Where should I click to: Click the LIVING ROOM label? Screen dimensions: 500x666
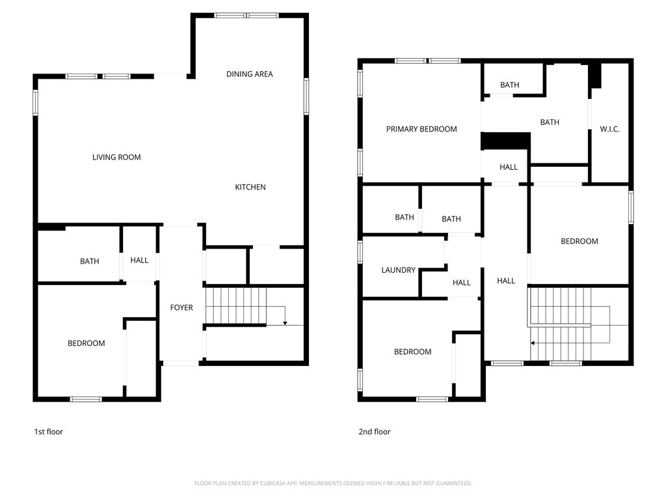pos(116,158)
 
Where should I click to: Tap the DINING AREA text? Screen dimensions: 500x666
pos(250,74)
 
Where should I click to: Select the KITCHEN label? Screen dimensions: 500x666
pos(250,187)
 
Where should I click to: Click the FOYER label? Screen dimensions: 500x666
pos(181,307)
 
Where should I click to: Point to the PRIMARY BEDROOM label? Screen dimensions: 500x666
pos(421,129)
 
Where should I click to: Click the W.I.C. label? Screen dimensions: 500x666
pos(609,130)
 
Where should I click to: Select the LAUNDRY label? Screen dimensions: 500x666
pos(398,270)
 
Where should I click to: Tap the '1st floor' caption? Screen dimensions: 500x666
pos(49,432)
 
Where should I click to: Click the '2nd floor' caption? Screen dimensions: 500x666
pos(375,432)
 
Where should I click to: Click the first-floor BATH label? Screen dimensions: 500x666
pos(90,262)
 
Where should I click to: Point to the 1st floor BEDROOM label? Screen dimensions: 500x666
pos(87,343)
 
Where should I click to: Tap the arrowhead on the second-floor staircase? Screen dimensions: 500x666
pos(533,342)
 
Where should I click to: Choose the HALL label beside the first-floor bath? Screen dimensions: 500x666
pos(139,260)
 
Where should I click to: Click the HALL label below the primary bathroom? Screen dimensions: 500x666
pos(509,167)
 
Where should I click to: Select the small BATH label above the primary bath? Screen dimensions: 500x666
pos(510,85)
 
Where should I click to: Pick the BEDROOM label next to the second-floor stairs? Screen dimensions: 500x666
pos(579,242)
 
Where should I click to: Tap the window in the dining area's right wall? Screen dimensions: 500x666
pos(306,96)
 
